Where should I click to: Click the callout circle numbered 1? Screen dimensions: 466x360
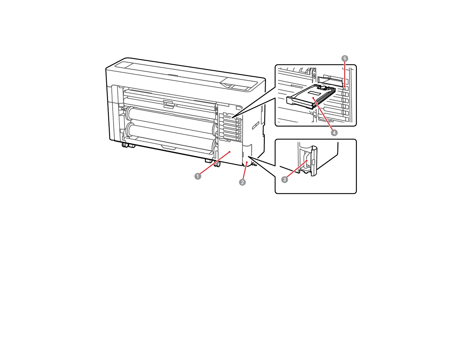198,176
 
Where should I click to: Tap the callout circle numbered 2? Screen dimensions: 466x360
242,182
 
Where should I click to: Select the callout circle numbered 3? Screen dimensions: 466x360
284,179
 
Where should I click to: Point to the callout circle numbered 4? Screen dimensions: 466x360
334,133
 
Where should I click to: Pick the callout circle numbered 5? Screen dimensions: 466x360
345,59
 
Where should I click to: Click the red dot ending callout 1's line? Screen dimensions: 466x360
229,152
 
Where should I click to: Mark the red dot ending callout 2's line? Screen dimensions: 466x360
247,162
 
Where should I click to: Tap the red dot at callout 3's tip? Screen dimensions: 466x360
307,161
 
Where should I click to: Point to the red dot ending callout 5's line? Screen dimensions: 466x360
344,86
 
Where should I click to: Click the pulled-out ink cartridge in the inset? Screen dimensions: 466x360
309,97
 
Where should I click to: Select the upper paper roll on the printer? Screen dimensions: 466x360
171,118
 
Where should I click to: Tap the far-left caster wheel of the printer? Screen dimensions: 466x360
125,145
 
